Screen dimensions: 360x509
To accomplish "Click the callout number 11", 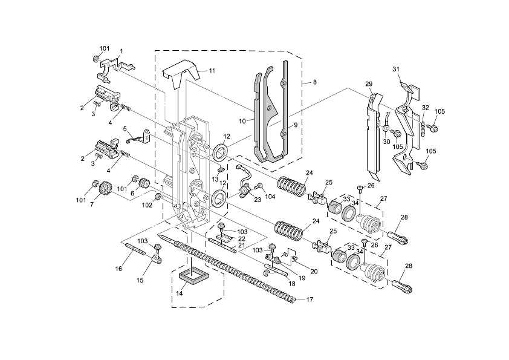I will (x=212, y=71).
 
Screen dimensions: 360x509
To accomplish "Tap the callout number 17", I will (x=310, y=299).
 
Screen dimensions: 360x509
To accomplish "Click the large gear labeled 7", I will (x=103, y=190).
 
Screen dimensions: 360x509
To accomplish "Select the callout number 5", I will (x=125, y=128).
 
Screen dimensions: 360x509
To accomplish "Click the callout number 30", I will (x=386, y=142).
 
